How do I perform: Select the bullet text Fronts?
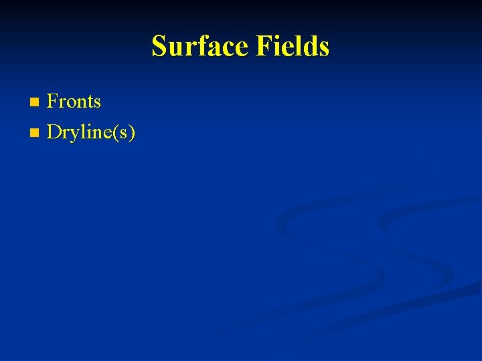(74, 102)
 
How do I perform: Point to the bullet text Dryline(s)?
(91, 132)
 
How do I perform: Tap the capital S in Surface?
(159, 47)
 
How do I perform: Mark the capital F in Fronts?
(52, 102)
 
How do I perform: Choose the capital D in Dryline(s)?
(54, 132)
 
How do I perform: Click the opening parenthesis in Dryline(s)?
(114, 133)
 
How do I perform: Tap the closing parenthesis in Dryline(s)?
(132, 133)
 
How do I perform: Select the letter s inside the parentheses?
(123, 134)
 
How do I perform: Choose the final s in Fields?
(323, 48)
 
